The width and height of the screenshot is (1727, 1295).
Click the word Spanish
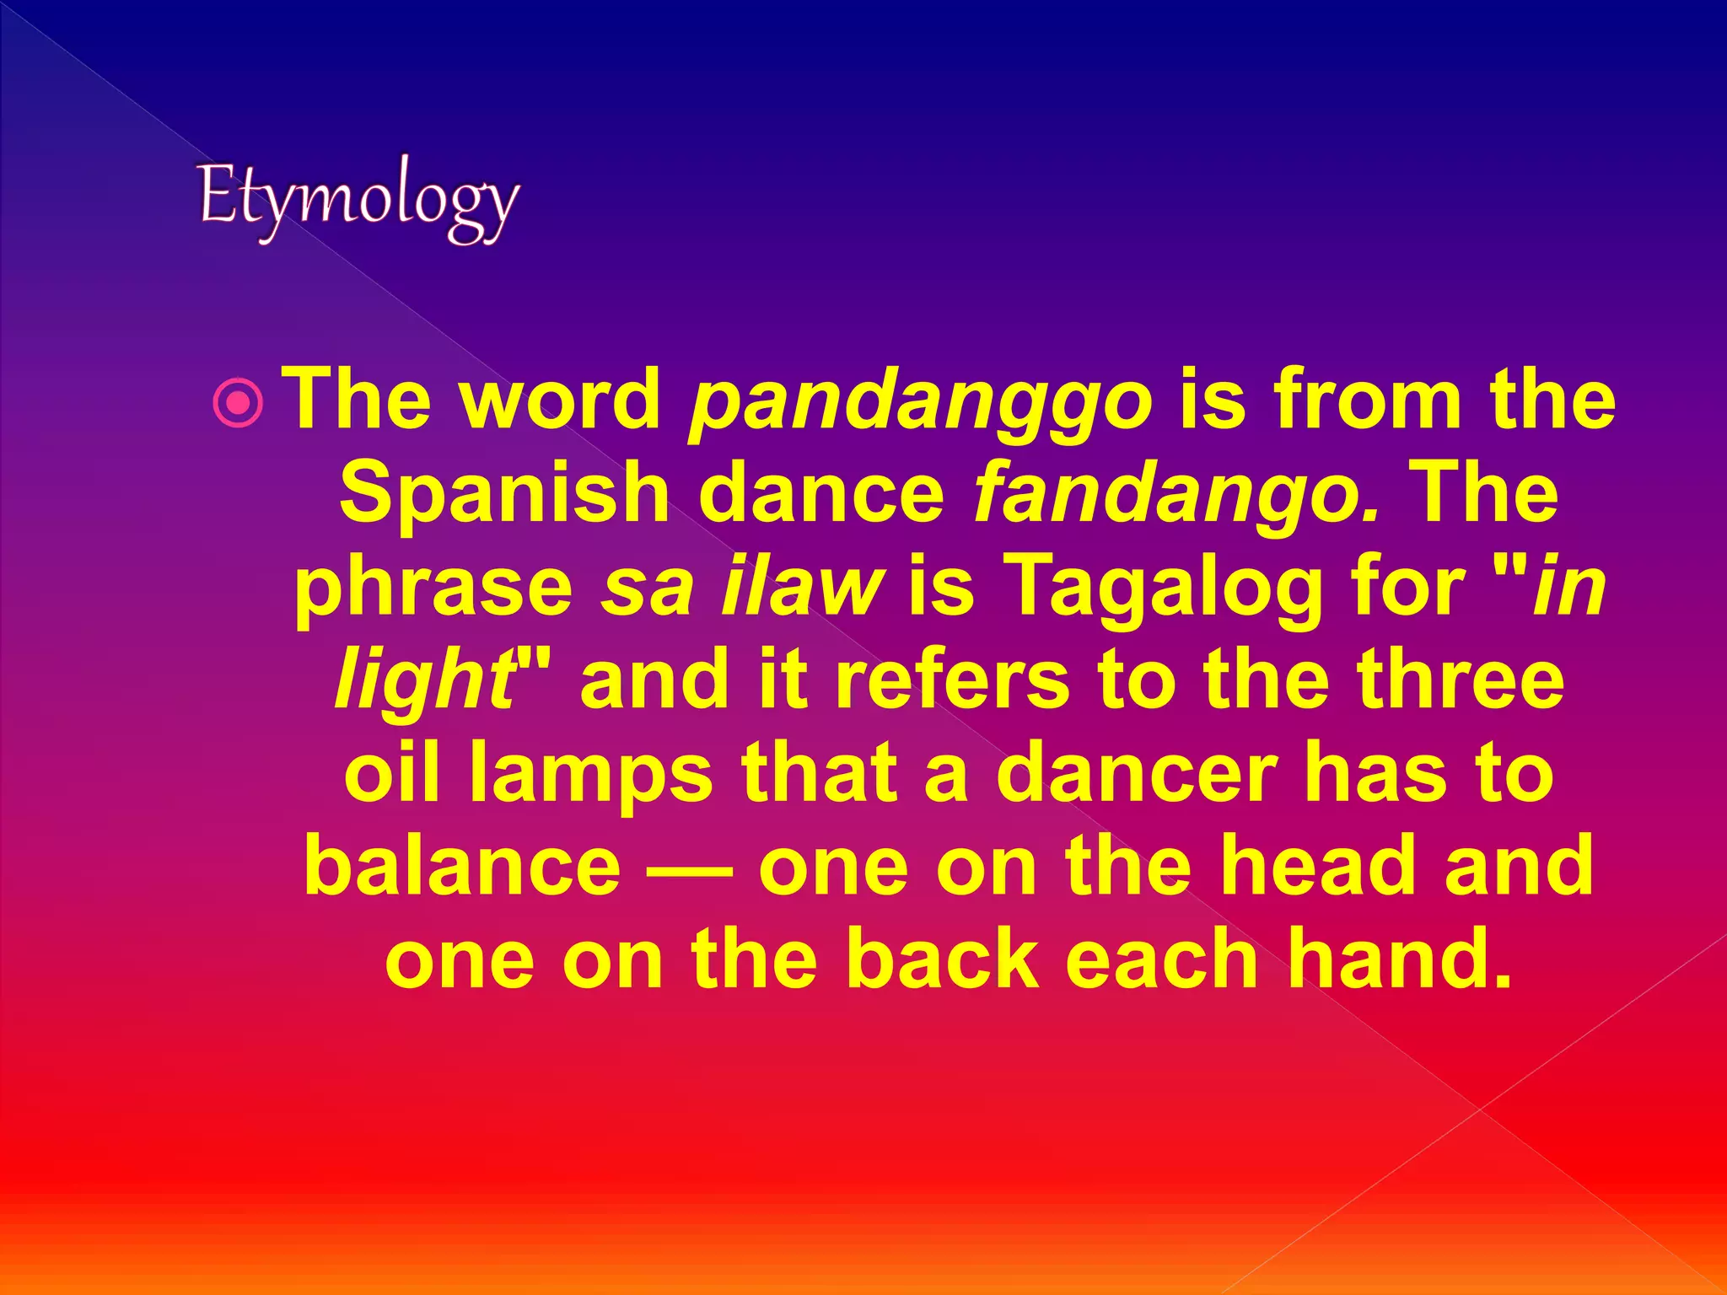(503, 494)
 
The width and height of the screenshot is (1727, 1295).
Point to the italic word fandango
(1176, 494)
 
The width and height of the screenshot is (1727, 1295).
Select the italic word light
(422, 680)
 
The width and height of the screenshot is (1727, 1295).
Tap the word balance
(462, 866)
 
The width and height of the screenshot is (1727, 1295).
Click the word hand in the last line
(1387, 959)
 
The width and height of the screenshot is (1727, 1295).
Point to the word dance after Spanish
(821, 494)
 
